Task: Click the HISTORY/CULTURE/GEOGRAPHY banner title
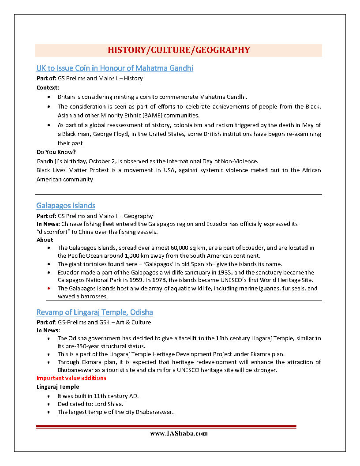(x=179, y=50)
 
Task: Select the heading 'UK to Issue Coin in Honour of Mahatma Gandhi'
(x=115, y=68)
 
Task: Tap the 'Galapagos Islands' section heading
(x=66, y=206)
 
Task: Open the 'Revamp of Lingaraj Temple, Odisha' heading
(x=95, y=312)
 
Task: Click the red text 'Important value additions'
(x=71, y=378)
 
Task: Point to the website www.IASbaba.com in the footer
(x=179, y=433)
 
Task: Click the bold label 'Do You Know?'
(x=56, y=152)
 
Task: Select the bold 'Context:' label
(x=48, y=87)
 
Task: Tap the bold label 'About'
(x=45, y=240)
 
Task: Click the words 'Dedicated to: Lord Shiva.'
(x=91, y=404)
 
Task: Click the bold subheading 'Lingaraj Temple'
(x=58, y=387)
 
